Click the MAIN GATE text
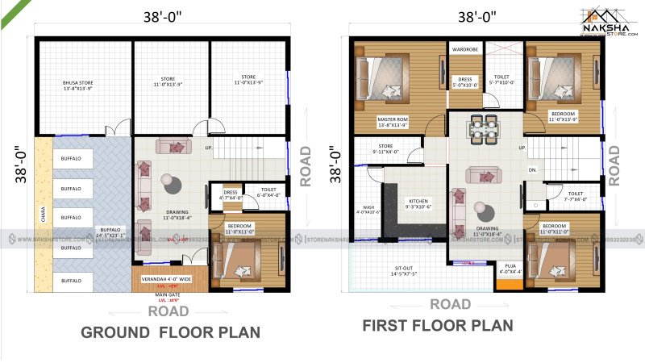tap(168, 295)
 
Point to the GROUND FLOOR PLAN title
tap(171, 332)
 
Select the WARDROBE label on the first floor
tap(465, 49)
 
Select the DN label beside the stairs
tap(532, 170)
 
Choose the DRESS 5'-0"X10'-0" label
tap(466, 81)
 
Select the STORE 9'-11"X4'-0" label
tap(385, 148)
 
